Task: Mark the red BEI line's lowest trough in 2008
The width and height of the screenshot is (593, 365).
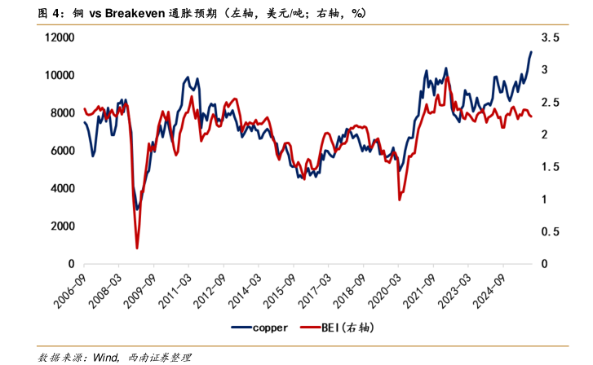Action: [137, 248]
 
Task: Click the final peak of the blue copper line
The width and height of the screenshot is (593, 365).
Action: [531, 52]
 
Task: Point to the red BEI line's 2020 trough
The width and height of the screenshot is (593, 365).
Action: [399, 199]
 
